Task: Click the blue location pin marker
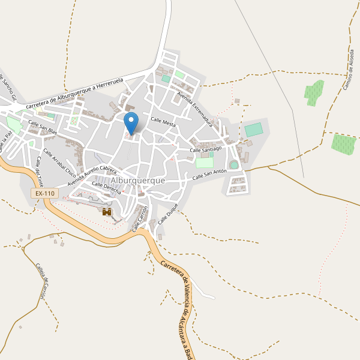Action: (131, 122)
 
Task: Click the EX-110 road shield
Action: (45, 193)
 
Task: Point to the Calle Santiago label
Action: (206, 148)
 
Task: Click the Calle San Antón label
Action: (209, 175)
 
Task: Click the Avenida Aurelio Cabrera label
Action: (92, 175)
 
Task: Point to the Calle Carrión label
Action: (140, 219)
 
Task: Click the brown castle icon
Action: (107, 212)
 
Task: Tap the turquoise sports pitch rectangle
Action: (253, 130)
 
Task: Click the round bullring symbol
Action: (233, 165)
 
